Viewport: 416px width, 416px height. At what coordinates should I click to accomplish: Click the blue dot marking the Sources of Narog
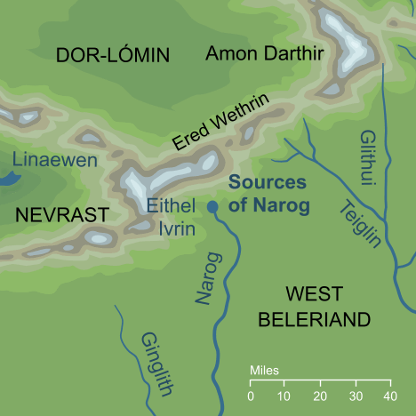(212, 207)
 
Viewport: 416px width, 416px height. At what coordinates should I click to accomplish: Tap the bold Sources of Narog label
(267, 195)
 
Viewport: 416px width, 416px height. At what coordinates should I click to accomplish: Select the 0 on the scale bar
(251, 396)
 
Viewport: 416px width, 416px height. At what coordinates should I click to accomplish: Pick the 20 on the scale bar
(320, 396)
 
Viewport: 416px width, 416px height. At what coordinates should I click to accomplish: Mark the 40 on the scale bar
(388, 396)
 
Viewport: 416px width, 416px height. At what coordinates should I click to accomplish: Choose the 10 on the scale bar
(284, 396)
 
